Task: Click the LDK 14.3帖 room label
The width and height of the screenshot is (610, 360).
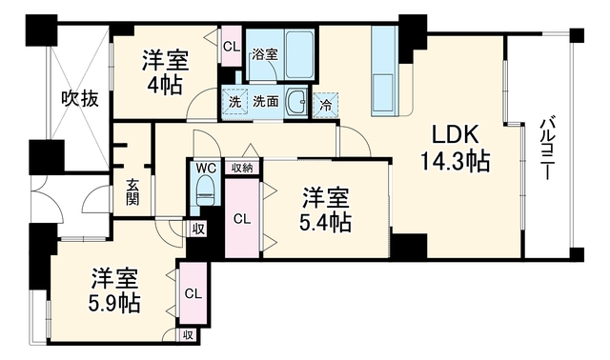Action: pyautogui.click(x=456, y=149)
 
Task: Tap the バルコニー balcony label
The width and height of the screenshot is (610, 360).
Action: pyautogui.click(x=546, y=148)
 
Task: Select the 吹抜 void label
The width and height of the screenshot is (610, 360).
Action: pyautogui.click(x=80, y=99)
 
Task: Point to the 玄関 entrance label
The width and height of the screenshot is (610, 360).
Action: pyautogui.click(x=132, y=192)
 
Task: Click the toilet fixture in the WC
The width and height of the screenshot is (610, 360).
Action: pyautogui.click(x=205, y=190)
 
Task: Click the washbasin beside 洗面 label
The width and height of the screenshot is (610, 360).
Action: pyautogui.click(x=297, y=101)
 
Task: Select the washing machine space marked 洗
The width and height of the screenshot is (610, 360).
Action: pyautogui.click(x=234, y=101)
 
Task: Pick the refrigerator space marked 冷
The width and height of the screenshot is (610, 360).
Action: pyautogui.click(x=326, y=105)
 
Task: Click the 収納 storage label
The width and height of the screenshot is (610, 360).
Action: pyautogui.click(x=242, y=168)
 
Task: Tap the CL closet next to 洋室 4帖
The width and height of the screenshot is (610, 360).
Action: pyautogui.click(x=232, y=46)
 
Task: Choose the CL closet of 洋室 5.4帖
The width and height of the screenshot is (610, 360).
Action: pyautogui.click(x=242, y=218)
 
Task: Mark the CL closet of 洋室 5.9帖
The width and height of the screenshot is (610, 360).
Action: pyautogui.click(x=193, y=293)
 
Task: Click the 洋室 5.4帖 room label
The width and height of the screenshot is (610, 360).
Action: pyautogui.click(x=326, y=210)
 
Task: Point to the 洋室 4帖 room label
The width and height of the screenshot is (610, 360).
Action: pyautogui.click(x=165, y=72)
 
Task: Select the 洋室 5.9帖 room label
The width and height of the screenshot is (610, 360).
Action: pyautogui.click(x=114, y=290)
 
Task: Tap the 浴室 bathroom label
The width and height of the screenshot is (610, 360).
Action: pyautogui.click(x=265, y=54)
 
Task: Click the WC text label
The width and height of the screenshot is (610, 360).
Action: pyautogui.click(x=206, y=168)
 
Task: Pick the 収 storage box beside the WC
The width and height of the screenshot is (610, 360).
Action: pyautogui.click(x=198, y=229)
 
